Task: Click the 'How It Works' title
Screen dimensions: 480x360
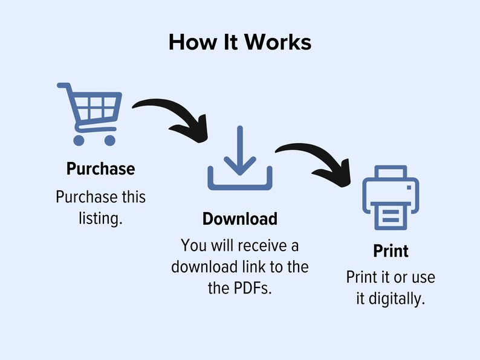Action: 240,42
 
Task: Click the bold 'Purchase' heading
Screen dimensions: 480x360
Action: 101,169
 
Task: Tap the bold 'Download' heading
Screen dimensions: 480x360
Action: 240,219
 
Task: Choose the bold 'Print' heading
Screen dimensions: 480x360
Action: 391,251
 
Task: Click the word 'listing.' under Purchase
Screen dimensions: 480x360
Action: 101,219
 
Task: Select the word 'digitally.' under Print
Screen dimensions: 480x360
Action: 397,299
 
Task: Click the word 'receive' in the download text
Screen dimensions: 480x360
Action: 258,245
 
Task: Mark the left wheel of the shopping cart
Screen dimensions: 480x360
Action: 79,140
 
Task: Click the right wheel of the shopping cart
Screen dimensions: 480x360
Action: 110,140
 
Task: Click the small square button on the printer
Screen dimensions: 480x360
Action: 409,187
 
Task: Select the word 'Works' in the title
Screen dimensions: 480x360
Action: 278,42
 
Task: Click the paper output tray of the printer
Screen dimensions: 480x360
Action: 391,216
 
